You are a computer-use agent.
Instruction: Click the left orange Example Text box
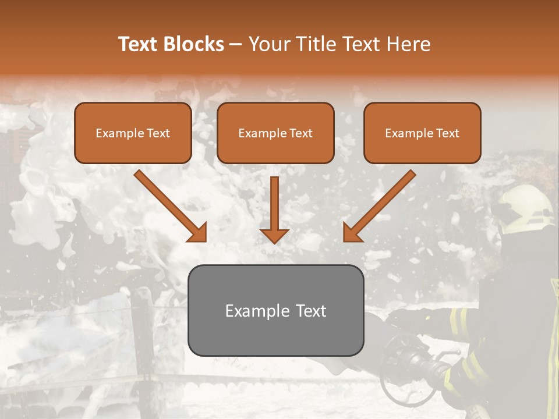pyautogui.click(x=133, y=133)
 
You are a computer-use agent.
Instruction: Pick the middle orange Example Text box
pyautogui.click(x=275, y=133)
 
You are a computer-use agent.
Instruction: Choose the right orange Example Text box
pyautogui.click(x=422, y=133)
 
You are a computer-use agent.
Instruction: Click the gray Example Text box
pyautogui.click(x=275, y=311)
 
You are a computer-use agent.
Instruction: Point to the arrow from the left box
pyautogui.click(x=172, y=207)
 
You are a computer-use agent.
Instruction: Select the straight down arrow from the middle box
pyautogui.click(x=274, y=210)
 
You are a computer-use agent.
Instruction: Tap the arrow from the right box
pyautogui.click(x=378, y=207)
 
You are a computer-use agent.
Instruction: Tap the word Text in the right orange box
pyautogui.click(x=447, y=133)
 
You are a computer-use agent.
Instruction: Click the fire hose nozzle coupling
pyautogui.click(x=408, y=364)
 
